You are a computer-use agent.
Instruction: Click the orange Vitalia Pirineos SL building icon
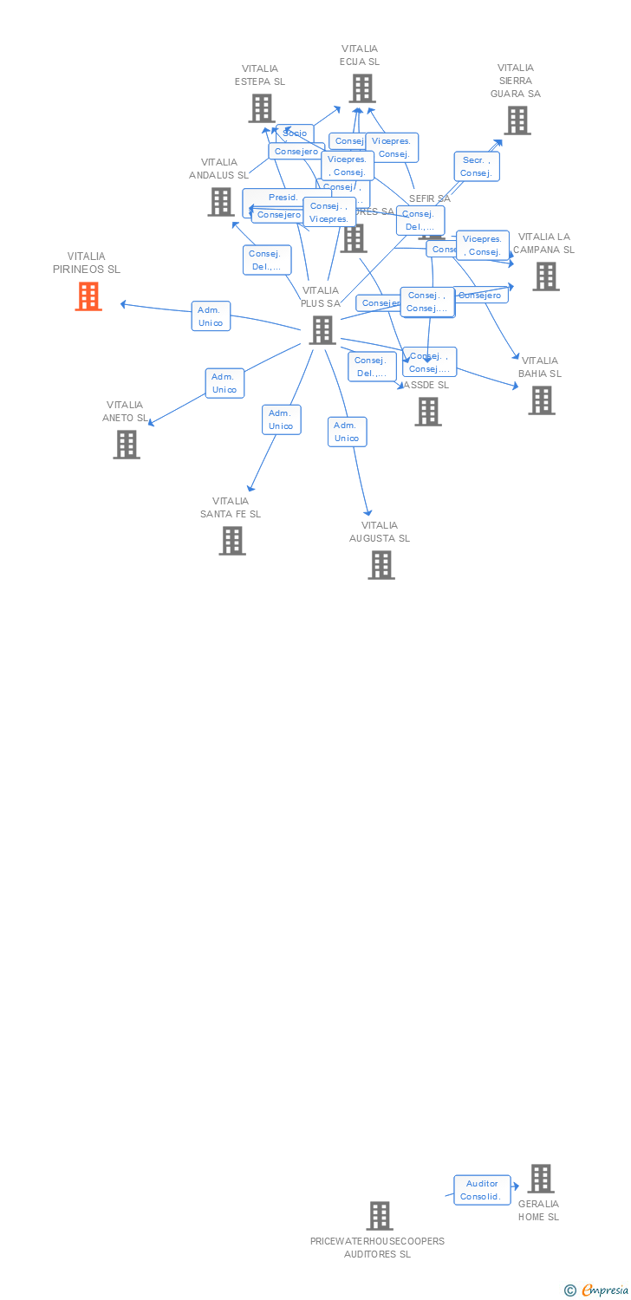[x=88, y=296]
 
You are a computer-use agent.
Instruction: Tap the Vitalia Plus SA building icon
[x=322, y=330]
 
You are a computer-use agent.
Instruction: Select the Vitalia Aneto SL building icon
[x=127, y=445]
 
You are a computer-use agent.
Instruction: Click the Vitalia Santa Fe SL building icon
[x=231, y=541]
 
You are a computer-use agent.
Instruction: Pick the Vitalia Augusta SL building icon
[x=381, y=565]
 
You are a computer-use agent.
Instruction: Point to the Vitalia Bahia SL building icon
[x=542, y=400]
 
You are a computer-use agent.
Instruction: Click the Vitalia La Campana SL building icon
[x=545, y=276]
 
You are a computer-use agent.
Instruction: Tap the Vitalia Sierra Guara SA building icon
[x=517, y=120]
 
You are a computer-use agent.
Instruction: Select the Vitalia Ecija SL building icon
[x=361, y=88]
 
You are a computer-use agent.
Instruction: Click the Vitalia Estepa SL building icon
[x=261, y=108]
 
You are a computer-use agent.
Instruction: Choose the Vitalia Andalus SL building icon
[x=220, y=202]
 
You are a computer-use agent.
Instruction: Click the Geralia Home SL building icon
[x=540, y=1179]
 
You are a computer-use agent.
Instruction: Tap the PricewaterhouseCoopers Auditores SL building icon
[x=379, y=1216]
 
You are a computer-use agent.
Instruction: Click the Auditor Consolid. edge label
[x=481, y=1190]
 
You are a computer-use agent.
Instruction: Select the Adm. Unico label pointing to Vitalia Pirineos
[x=211, y=316]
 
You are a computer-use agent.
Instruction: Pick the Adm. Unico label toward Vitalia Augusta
[x=347, y=432]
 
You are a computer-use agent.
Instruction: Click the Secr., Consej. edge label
[x=476, y=166]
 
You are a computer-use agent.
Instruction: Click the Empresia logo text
[x=604, y=1290]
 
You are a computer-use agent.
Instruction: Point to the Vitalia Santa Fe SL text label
[x=231, y=508]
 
